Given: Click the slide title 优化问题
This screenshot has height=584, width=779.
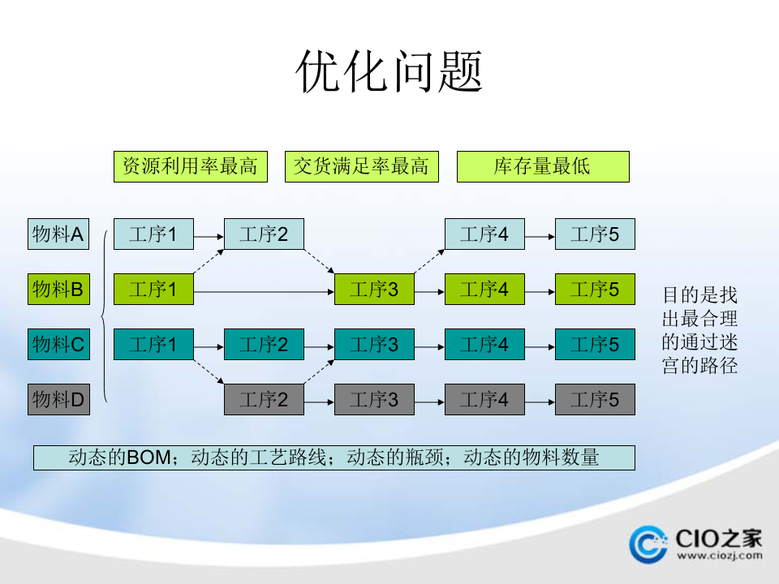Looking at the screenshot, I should coord(389,71).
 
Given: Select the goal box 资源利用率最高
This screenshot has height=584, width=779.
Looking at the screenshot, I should coord(190,167).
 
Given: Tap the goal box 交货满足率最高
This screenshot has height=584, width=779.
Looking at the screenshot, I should coord(361,167).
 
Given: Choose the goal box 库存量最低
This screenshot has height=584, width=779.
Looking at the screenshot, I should coord(543,167).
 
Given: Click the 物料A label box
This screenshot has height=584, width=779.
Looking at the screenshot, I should coord(58,234).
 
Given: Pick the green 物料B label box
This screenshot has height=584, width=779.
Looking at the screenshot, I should coord(58,289).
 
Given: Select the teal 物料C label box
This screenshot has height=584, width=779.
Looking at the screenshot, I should coord(58,345).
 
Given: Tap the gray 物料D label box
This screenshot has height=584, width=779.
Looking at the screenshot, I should coord(58,399).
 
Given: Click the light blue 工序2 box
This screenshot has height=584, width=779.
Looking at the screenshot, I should coord(264,234).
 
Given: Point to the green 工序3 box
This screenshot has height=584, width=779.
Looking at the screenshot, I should coord(374,289).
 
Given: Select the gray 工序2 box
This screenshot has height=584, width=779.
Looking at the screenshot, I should coord(264,399).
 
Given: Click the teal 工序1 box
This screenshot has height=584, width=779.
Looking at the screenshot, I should coord(153,345).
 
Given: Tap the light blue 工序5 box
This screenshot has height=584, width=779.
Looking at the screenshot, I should coord(595,234).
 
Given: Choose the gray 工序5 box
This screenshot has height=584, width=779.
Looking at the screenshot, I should coord(595,399).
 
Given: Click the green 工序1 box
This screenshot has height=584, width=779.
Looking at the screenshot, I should coord(153,289).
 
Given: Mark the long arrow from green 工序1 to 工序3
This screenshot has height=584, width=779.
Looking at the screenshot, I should coord(264,290).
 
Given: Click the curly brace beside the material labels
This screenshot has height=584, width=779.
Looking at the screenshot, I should coord(104,316).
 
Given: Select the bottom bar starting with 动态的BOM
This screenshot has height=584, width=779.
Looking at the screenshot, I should coord(334,457).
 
